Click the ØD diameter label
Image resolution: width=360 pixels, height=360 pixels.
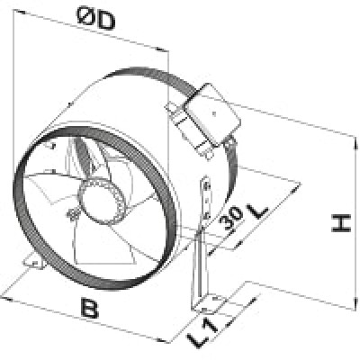tap(95, 19)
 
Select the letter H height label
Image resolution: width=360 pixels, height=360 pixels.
tap(341, 223)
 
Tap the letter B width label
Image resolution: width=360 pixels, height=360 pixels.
tap(89, 307)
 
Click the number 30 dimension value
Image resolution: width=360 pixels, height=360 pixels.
tap(231, 219)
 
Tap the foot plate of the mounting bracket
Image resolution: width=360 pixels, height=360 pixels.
tap(210, 303)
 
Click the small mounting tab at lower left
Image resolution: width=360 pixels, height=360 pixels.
tap(34, 263)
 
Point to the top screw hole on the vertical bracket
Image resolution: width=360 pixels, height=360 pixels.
tap(205, 187)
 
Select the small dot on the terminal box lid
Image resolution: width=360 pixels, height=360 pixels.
tap(214, 113)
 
